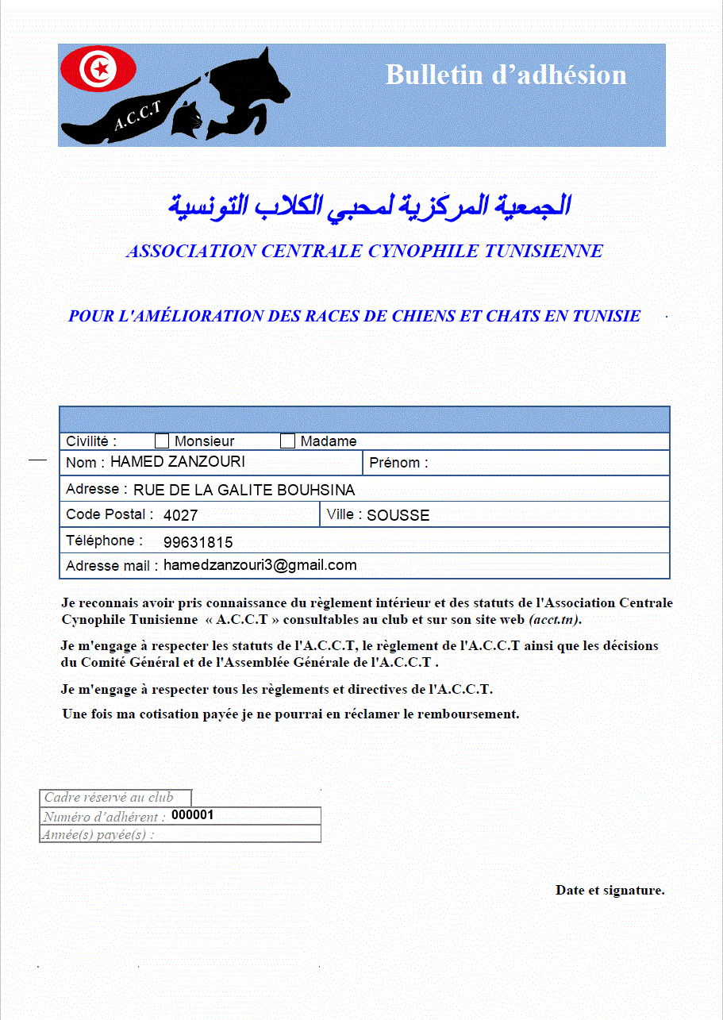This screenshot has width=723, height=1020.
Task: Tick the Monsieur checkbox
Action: [x=162, y=441]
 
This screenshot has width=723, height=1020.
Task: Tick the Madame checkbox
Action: [x=287, y=441]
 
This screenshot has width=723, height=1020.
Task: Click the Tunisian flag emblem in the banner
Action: [x=99, y=69]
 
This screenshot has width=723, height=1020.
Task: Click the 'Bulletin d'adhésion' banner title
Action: [x=506, y=75]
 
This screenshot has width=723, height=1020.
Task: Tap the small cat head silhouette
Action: [x=190, y=120]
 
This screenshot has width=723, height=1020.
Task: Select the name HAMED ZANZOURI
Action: [x=178, y=462]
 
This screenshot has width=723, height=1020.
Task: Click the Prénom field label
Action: [x=398, y=463]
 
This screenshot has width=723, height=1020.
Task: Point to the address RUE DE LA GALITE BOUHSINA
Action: [x=244, y=491]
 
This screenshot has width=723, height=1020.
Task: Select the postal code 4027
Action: [x=180, y=516]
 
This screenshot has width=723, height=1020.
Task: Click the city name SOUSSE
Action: [x=398, y=516]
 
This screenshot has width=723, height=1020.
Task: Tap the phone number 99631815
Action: [x=198, y=543]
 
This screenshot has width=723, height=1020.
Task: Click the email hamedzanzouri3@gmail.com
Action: [x=260, y=565]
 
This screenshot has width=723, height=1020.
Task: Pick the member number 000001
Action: [x=192, y=815]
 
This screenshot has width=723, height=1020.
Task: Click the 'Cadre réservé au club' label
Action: [x=109, y=798]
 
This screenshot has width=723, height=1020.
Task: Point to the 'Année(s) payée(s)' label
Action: [x=98, y=834]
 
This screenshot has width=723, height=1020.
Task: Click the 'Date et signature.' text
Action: [x=610, y=891]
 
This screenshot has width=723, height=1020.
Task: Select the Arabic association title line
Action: [x=369, y=206]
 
